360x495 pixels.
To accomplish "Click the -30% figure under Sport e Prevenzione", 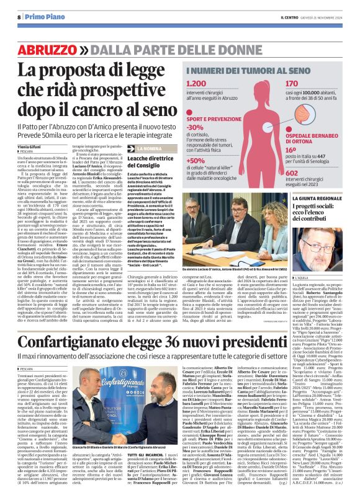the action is (194, 127).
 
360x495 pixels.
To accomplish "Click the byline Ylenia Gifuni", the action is (30, 146).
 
